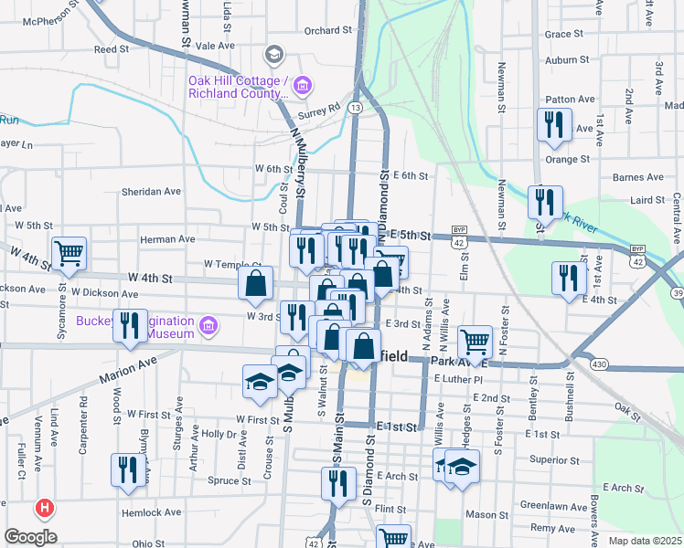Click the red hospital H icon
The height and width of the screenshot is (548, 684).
42,508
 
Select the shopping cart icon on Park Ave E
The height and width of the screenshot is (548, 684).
474,342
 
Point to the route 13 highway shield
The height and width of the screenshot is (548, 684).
354,107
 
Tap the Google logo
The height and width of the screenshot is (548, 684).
30,537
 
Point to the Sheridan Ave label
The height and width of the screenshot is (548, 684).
152,192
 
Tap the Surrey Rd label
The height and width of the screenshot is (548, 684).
322,106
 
